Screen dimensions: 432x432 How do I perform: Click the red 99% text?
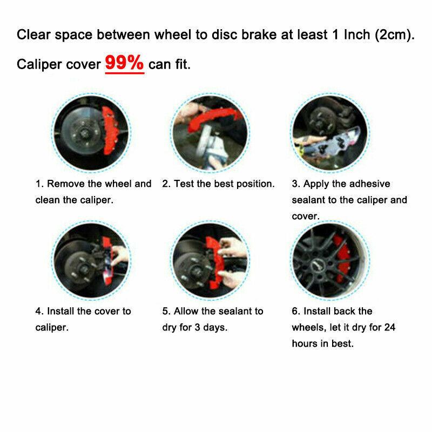[124, 63]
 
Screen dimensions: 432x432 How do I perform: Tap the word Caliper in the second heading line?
[39, 65]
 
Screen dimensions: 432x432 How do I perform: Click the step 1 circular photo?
[91, 133]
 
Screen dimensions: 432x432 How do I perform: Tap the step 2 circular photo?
[210, 133]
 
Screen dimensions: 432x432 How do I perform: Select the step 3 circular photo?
[330, 133]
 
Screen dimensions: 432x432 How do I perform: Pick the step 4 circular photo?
[91, 260]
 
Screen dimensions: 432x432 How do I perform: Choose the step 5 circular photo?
[210, 260]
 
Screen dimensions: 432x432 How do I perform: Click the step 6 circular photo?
[330, 260]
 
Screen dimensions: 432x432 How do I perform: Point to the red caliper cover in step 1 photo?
[110, 130]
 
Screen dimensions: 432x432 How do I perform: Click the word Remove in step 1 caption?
[66, 184]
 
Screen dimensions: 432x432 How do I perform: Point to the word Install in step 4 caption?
[60, 312]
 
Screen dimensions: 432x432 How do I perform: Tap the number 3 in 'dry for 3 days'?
[197, 328]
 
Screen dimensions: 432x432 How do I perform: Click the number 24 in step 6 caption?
[390, 328]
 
